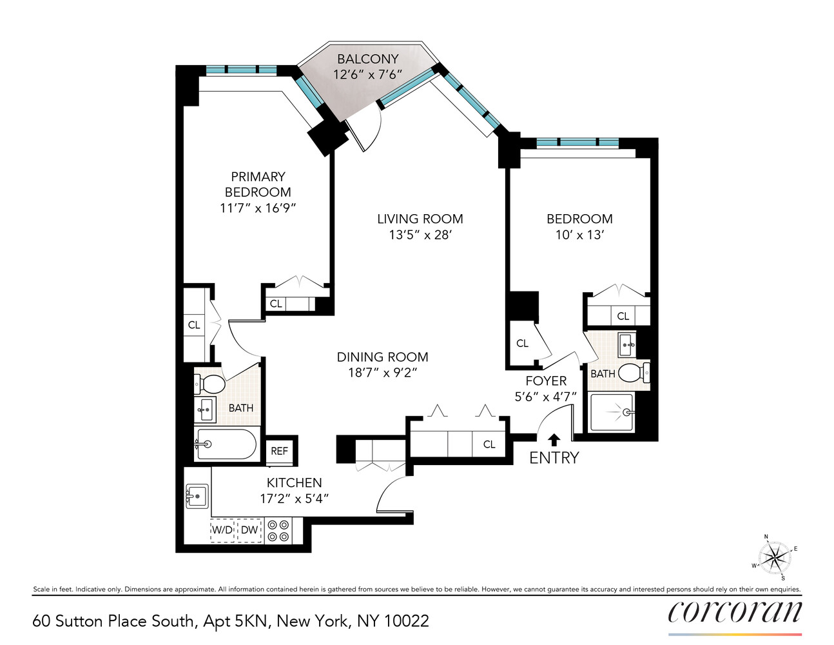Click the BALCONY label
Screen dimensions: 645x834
click(367, 59)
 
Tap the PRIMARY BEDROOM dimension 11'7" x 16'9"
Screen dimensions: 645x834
click(257, 208)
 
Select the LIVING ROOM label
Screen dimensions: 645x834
click(420, 219)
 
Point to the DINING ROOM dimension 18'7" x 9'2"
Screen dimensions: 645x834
click(382, 373)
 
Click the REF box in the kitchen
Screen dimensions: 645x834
click(279, 451)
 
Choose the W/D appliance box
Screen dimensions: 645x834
click(222, 530)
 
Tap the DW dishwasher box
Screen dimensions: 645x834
click(249, 530)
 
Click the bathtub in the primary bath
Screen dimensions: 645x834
click(226, 444)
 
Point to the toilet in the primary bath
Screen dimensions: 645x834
click(210, 384)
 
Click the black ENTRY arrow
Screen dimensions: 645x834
click(554, 440)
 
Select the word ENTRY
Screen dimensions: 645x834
click(554, 458)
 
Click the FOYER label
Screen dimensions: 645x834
click(546, 381)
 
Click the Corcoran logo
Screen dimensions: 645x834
click(735, 611)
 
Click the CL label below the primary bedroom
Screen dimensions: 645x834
click(276, 304)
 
